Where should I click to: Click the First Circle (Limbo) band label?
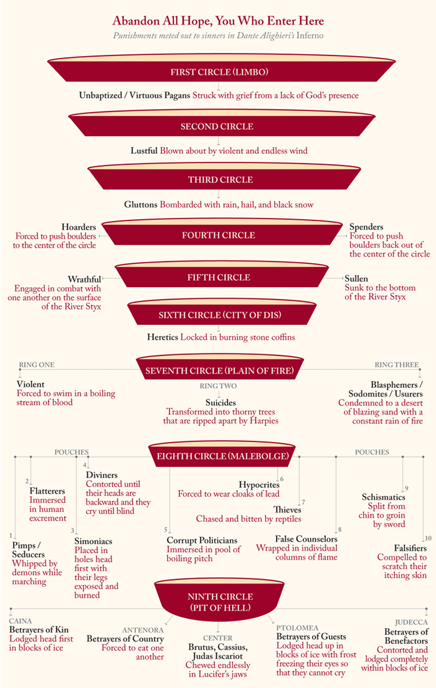pos(219,72)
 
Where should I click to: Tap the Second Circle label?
pos(217,126)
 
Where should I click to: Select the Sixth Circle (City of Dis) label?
pos(220,315)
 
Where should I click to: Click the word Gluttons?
pos(140,204)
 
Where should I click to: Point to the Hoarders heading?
pos(78,227)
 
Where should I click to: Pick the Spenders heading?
pos(366,227)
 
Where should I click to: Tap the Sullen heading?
pos(356,278)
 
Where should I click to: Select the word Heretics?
pos(163,337)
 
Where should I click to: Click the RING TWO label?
pos(218,386)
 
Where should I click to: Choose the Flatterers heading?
pos(47,491)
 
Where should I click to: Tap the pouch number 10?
pos(427,538)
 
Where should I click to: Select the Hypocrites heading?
pos(258,484)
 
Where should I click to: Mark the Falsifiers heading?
pos(410,548)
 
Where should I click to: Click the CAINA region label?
pos(21,621)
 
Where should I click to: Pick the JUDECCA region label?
pos(411,622)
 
